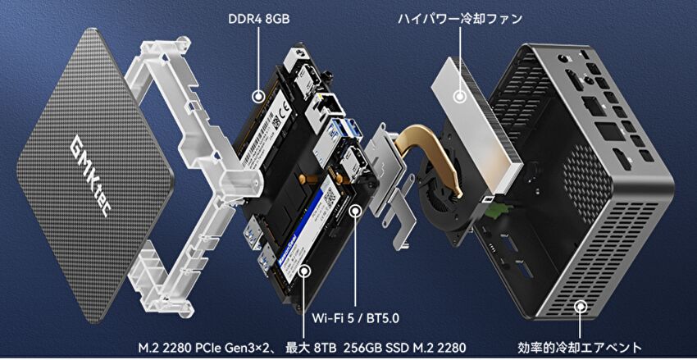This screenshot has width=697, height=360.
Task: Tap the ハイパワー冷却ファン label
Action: point(460,20)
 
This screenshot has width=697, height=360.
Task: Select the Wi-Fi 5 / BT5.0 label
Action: point(356,318)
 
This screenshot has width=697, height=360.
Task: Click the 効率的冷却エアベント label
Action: point(580,347)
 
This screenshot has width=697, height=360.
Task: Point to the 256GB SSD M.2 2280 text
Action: point(404,347)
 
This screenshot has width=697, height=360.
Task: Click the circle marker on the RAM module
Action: point(257,96)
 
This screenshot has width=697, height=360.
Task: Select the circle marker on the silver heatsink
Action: point(460,96)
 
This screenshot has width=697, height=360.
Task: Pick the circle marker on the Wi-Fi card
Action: point(355,210)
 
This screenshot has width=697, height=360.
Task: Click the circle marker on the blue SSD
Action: point(304,271)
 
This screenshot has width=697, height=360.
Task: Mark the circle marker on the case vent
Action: point(580,306)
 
